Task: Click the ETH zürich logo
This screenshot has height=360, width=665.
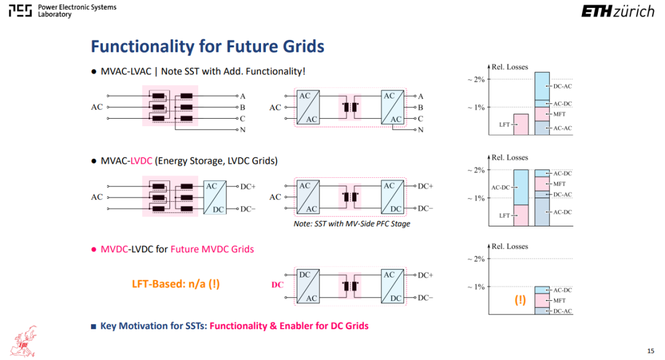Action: click(x=618, y=11)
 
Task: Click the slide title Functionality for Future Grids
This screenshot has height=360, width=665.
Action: click(x=208, y=46)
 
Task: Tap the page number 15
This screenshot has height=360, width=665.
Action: click(x=651, y=351)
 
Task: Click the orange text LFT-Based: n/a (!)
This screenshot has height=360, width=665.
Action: click(x=175, y=284)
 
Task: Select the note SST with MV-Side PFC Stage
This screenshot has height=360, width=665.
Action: click(x=352, y=223)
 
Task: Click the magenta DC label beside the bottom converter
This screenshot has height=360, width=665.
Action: click(x=277, y=285)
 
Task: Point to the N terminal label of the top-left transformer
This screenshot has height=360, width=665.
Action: click(x=243, y=130)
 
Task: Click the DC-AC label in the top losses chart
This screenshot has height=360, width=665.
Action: click(x=562, y=86)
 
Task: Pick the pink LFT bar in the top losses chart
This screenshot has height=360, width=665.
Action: click(x=521, y=125)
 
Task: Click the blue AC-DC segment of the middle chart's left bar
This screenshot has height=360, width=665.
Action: click(x=521, y=188)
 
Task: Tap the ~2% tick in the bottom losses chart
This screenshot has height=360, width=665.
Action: click(x=476, y=258)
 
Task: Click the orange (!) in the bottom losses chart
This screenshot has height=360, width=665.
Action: click(x=520, y=300)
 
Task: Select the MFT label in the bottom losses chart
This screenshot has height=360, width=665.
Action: click(x=559, y=301)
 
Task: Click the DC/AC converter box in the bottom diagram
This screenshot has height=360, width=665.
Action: click(x=308, y=286)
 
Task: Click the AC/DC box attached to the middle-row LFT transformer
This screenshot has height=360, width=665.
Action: click(x=215, y=197)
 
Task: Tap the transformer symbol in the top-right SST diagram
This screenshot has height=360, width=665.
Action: click(x=350, y=107)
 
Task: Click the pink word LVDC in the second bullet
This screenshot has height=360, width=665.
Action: click(x=141, y=161)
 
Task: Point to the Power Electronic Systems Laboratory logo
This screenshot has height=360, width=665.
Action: click(x=62, y=10)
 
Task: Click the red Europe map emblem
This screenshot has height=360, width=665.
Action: click(x=25, y=342)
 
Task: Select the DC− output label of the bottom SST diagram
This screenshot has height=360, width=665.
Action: click(x=425, y=298)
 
